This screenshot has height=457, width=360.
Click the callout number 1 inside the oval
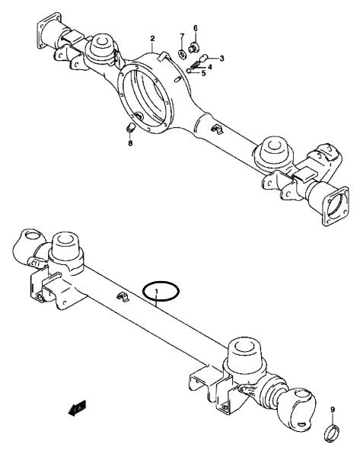pyautogui.click(x=157, y=291)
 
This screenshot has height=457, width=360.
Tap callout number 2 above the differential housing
pyautogui.click(x=153, y=39)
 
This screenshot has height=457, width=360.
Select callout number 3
pyautogui.click(x=221, y=59)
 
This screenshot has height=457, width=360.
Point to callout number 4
pyautogui.click(x=210, y=67)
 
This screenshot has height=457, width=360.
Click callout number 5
pyautogui.click(x=203, y=73)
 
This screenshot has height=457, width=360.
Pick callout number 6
pyautogui.click(x=195, y=28)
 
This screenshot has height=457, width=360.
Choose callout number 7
pyautogui.click(x=182, y=37)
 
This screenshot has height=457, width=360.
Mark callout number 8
pyautogui.click(x=130, y=143)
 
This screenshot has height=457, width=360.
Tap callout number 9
pyautogui.click(x=333, y=410)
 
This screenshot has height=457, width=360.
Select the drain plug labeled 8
pyautogui.click(x=131, y=128)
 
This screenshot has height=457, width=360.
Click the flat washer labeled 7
pyautogui.click(x=183, y=54)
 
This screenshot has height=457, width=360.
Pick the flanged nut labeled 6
pyautogui.click(x=193, y=47)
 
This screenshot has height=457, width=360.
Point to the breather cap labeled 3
pyautogui.click(x=203, y=58)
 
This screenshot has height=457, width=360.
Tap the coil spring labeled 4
pyautogui.click(x=196, y=66)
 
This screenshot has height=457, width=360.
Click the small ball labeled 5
pyautogui.click(x=189, y=71)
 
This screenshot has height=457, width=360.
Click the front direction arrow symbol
pyautogui.click(x=77, y=408)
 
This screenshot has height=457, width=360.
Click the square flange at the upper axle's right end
pyautogui.click(x=336, y=206)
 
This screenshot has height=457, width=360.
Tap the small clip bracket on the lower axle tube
pyautogui.click(x=123, y=297)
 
